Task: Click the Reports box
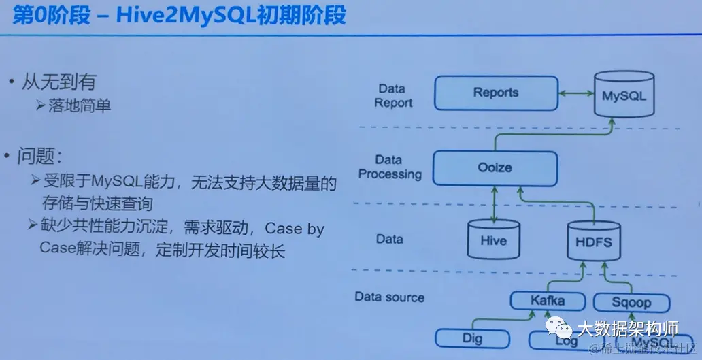point(496,93)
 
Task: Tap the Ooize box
point(495,167)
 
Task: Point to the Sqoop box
point(631,302)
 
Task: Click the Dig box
point(472,338)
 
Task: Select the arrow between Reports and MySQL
point(575,93)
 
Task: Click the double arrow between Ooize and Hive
point(495,202)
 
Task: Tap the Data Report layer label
point(392,96)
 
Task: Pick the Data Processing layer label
point(390,167)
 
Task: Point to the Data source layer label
point(389,297)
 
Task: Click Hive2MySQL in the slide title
point(182,15)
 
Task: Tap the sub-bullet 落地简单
point(79,105)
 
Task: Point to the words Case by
point(294,229)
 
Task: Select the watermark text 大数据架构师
point(627,330)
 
